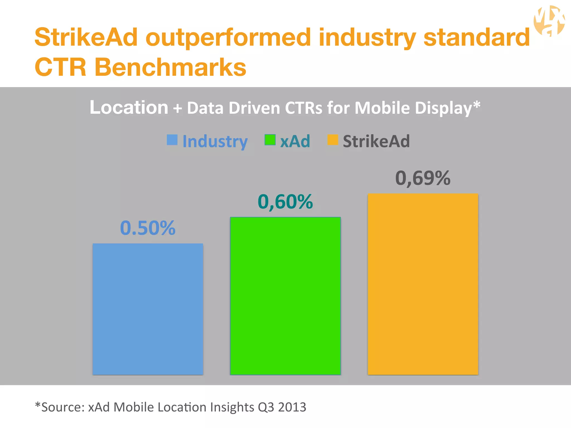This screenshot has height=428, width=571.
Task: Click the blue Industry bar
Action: tap(148, 309)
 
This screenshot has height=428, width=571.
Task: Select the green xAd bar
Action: tap(285, 296)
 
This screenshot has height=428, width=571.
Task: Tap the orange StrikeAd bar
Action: tap(423, 284)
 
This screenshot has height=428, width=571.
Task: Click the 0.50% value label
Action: tap(148, 228)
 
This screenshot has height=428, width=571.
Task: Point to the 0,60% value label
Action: tap(285, 202)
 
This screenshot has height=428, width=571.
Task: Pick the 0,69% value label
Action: tap(423, 178)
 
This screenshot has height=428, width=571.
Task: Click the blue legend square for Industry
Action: tap(172, 140)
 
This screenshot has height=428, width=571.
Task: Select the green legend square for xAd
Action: tap(270, 140)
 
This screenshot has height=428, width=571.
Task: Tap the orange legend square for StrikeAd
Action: tap(333, 140)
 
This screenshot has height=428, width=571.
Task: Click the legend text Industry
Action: tap(215, 141)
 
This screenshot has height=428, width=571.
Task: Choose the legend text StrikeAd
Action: tap(376, 141)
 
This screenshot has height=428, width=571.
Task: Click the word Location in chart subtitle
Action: tap(129, 108)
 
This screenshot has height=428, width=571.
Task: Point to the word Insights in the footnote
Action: tap(232, 407)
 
